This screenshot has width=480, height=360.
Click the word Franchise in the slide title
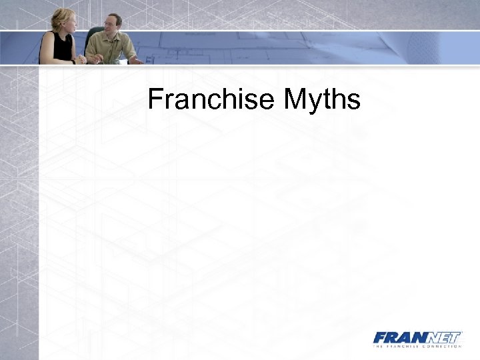(211, 100)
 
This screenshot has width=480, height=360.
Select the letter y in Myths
(315, 103)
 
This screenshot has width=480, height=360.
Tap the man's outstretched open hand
(137, 60)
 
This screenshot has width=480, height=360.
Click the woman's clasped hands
(81, 59)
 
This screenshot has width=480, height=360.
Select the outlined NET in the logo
(442, 337)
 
